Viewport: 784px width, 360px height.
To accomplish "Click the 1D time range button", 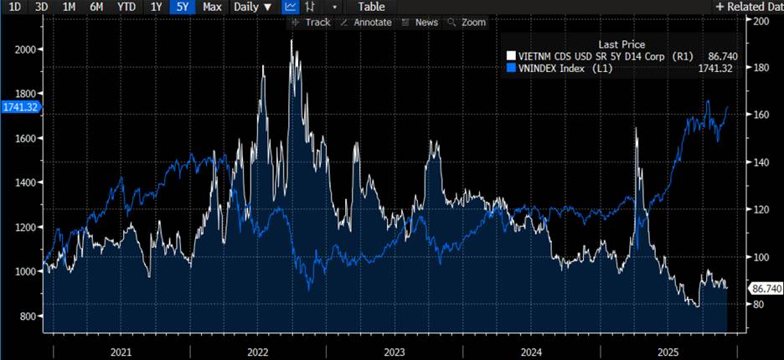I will click(15, 7).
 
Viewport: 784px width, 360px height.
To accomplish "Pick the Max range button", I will click(212, 7).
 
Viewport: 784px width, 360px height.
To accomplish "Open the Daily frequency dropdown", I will click(253, 7).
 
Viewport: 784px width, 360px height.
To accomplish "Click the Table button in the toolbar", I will click(371, 7).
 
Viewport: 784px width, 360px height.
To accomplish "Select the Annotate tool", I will click(366, 23).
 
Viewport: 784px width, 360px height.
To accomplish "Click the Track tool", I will click(311, 23).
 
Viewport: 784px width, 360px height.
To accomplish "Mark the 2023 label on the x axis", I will click(393, 351).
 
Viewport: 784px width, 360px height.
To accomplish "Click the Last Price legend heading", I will click(622, 44).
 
